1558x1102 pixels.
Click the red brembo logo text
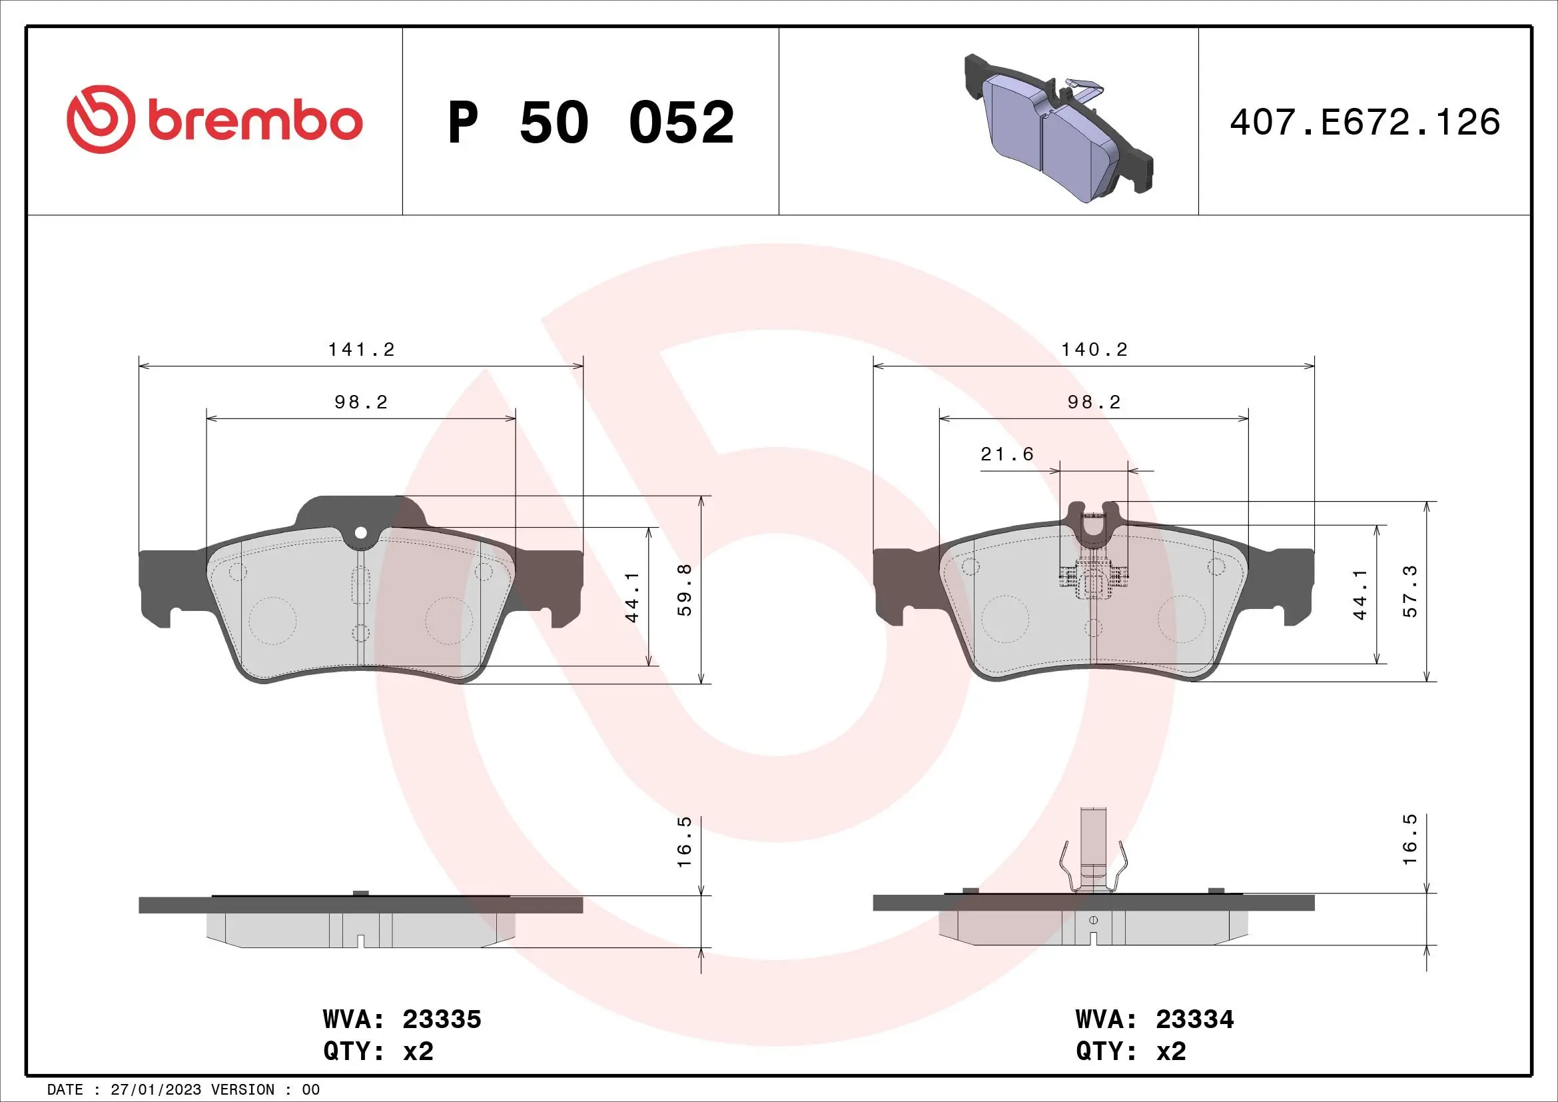pos(254,121)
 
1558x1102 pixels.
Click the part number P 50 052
pos(590,123)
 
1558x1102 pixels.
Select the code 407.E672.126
pos(1365,123)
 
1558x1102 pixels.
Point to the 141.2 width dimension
pos(361,350)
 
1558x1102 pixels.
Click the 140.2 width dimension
pos(1094,350)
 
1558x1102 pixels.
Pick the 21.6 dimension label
pos(1007,454)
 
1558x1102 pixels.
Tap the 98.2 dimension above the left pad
pos(361,402)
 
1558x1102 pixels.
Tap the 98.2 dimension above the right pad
pos(1094,402)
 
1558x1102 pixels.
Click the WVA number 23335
pos(442,1019)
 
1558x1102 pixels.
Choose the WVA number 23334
pos(1194,1019)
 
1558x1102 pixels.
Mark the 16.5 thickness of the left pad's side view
pos(684,841)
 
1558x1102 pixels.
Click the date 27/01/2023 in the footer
pos(155,1089)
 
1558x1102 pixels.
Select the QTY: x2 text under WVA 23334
pos(1130,1051)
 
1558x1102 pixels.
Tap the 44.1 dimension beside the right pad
pos(1360,594)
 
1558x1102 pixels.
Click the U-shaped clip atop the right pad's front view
pos(1092,526)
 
